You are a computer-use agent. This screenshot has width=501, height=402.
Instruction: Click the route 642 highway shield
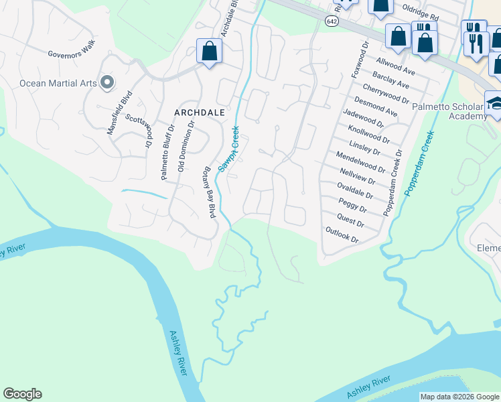tap(332, 21)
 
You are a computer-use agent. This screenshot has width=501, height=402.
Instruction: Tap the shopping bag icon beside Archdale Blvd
tap(210, 51)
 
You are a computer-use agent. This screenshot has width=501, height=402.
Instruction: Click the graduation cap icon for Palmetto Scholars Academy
tap(495, 103)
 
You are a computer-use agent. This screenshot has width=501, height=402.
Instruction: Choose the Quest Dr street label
tap(350, 220)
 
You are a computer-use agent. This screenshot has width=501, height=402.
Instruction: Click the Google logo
tap(22, 394)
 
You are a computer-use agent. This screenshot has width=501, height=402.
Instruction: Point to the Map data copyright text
tap(459, 397)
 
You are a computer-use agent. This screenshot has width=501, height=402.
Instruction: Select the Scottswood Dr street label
tap(139, 130)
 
